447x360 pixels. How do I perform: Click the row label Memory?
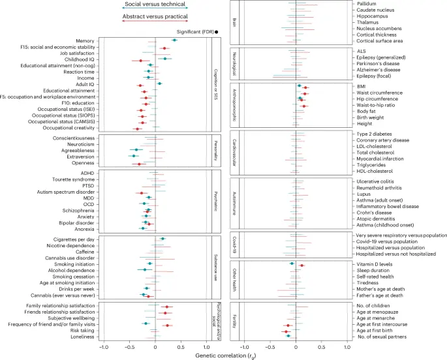click(82, 40)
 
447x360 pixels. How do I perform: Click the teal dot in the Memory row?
click(174, 40)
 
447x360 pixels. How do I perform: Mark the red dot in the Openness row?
click(139, 164)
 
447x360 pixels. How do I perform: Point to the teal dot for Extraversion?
click(134, 156)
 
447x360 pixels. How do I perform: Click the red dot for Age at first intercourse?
click(288, 324)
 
